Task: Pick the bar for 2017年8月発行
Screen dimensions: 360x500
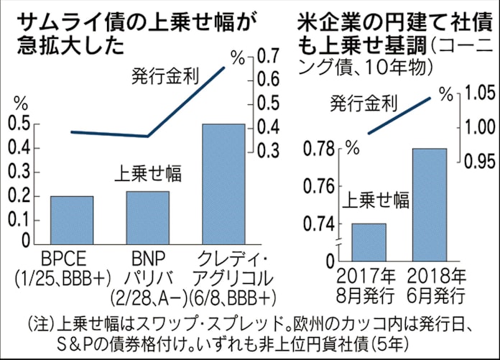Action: [x=368, y=241]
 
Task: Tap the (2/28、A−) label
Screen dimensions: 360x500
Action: [x=149, y=295]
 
